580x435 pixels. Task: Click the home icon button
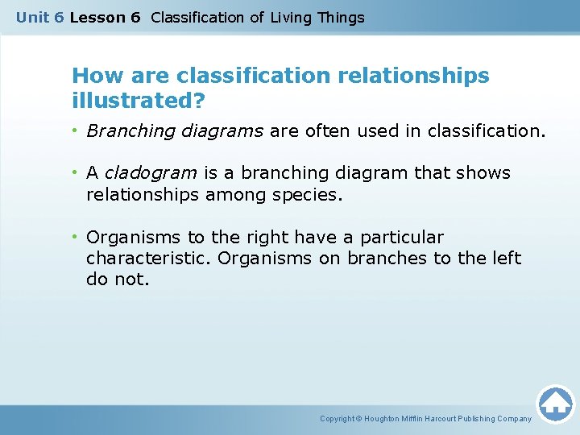(555, 404)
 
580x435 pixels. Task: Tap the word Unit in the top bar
(31, 17)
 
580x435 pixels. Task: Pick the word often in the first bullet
(328, 130)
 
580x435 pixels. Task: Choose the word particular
(402, 237)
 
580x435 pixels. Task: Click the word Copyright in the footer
(338, 419)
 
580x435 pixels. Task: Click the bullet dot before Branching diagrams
(78, 130)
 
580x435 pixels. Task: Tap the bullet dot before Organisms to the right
(78, 237)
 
